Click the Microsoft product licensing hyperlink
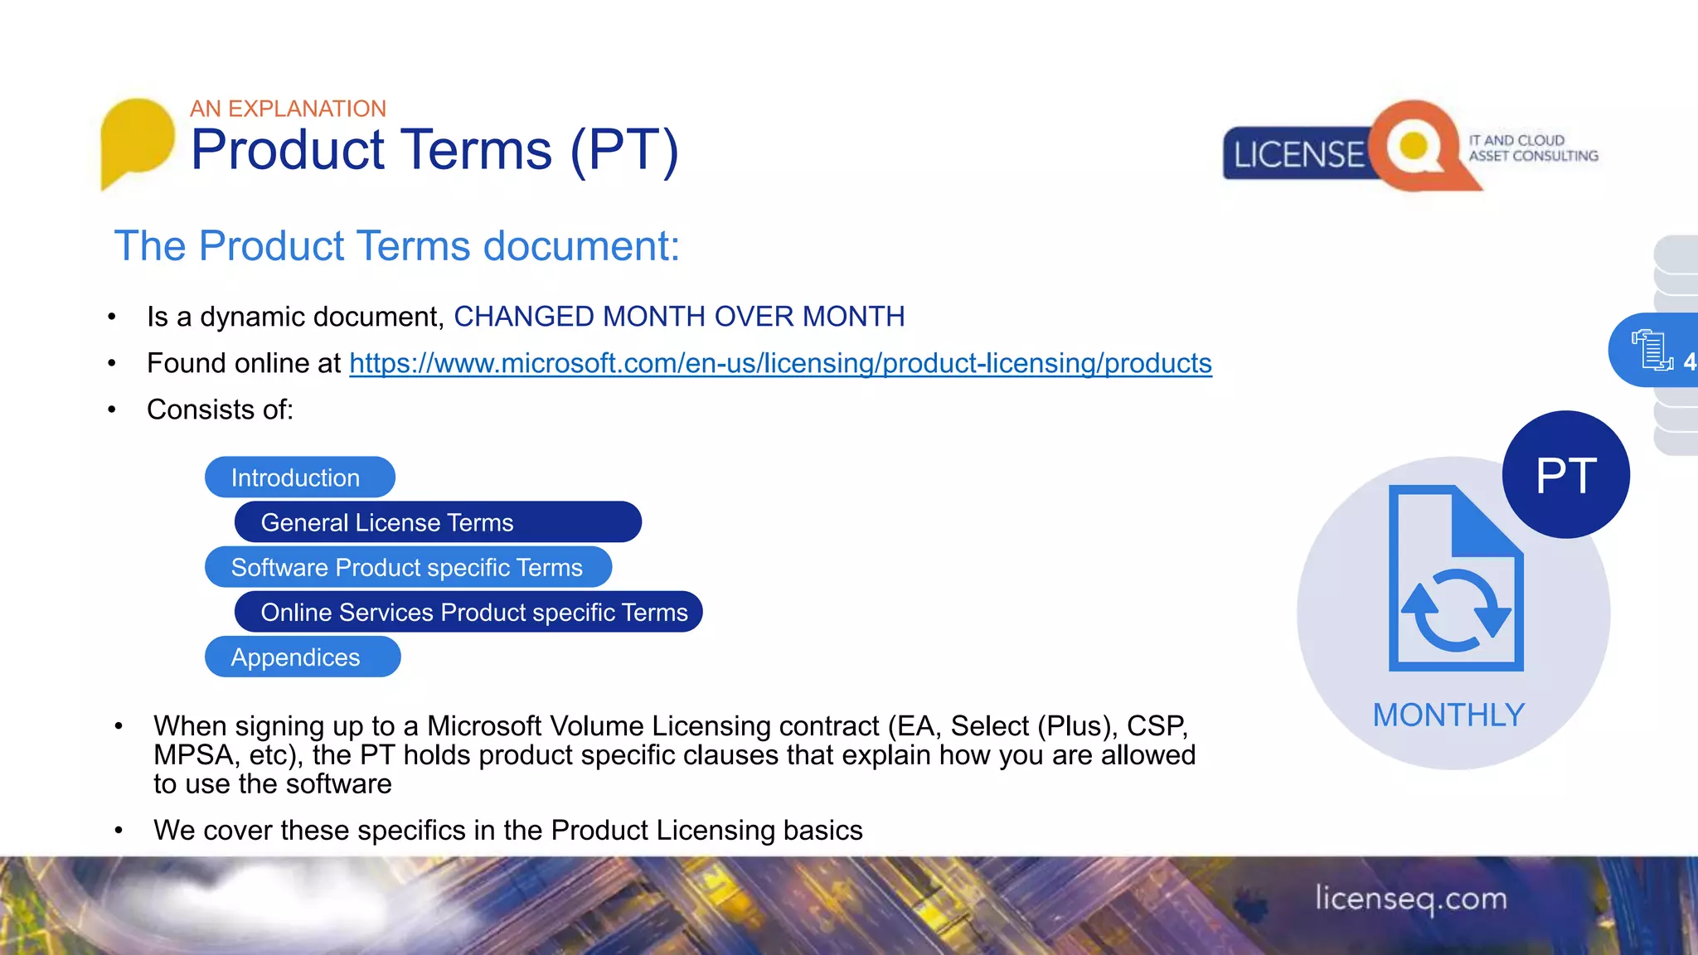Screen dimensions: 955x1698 [x=779, y=364]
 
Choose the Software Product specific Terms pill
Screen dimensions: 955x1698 [x=408, y=568]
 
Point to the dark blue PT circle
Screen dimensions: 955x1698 [x=1565, y=475]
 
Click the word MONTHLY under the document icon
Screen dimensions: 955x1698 [x=1448, y=715]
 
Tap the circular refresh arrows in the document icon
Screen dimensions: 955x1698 [x=1456, y=610]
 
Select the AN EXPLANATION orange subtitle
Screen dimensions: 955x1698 [x=288, y=109]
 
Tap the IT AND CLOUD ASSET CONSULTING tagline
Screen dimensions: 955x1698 [x=1532, y=148]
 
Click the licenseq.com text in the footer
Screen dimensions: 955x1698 [x=1411, y=899]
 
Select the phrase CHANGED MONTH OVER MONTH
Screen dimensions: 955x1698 [x=678, y=317]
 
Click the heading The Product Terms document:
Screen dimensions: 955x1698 [x=396, y=246]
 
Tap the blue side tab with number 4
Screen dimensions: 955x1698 [x=1654, y=351]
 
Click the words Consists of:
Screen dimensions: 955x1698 [x=220, y=410]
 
